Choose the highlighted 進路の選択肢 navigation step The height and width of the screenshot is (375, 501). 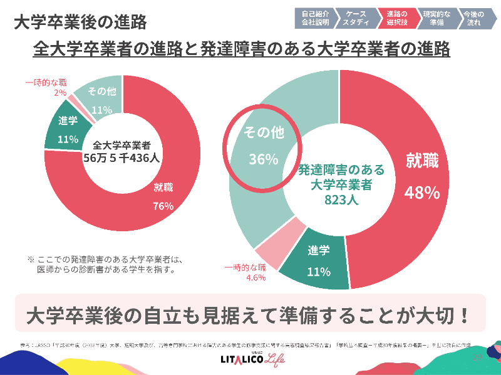click(397, 17)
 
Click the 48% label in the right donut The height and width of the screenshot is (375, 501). click(422, 192)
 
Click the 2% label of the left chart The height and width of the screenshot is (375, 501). click(60, 92)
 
